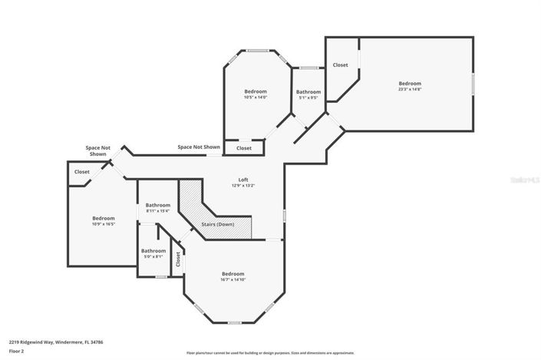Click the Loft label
click(242, 180)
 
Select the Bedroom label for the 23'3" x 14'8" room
click(409, 83)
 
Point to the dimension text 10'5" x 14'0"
click(256, 97)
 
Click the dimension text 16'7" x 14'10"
click(233, 279)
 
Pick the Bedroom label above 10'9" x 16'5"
click(104, 217)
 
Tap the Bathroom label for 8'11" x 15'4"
click(158, 205)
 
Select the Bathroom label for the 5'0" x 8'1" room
click(153, 250)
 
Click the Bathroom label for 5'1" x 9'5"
click(308, 92)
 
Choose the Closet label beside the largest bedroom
click(340, 65)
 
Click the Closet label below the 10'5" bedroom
click(243, 147)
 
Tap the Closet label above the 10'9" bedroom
click(82, 171)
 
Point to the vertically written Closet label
click(178, 259)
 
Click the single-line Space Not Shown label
click(199, 147)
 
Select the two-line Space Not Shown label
click(98, 150)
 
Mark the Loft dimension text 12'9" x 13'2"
click(242, 186)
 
